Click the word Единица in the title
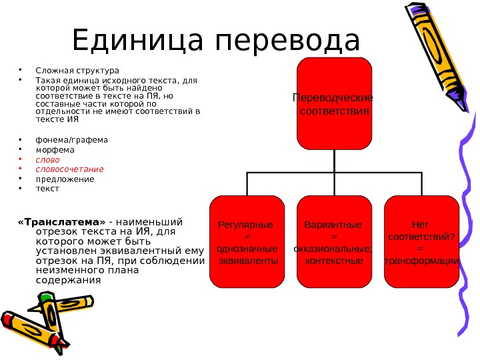(x=139, y=41)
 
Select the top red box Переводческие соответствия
(x=334, y=103)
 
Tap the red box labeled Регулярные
(x=247, y=242)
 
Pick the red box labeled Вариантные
(x=334, y=242)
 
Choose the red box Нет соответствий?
(x=422, y=242)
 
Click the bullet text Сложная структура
(x=77, y=70)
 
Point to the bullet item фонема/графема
(x=71, y=140)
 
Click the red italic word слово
(x=47, y=160)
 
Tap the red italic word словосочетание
(x=69, y=169)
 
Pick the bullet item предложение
(x=65, y=179)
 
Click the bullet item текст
(x=47, y=189)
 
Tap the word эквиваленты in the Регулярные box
(x=248, y=261)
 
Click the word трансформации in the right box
(x=423, y=261)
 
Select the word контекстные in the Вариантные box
(x=334, y=261)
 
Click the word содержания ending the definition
(x=67, y=281)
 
